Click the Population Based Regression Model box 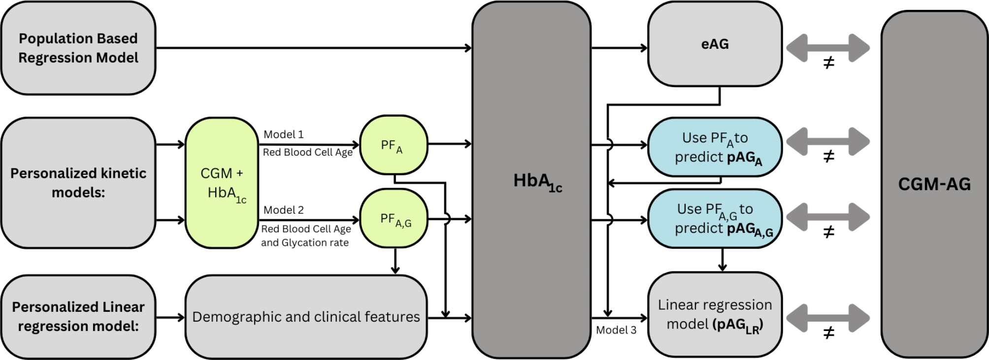point(78,48)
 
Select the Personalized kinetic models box point(78,183)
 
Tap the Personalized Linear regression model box point(78,317)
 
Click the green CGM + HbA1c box point(222,183)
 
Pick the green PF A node point(393,145)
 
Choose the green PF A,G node point(394,219)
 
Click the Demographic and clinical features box point(306,317)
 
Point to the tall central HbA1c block point(531,180)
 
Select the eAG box point(715,44)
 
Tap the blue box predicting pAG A point(715,147)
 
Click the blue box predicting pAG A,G point(715,219)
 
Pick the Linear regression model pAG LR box point(715,315)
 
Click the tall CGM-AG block point(934,184)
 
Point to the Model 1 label point(284,134)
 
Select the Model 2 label point(284,210)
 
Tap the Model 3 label point(616,330)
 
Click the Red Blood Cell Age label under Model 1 point(307,153)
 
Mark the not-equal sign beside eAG point(829,63)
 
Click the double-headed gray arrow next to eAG point(828,48)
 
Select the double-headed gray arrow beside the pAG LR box point(828,318)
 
